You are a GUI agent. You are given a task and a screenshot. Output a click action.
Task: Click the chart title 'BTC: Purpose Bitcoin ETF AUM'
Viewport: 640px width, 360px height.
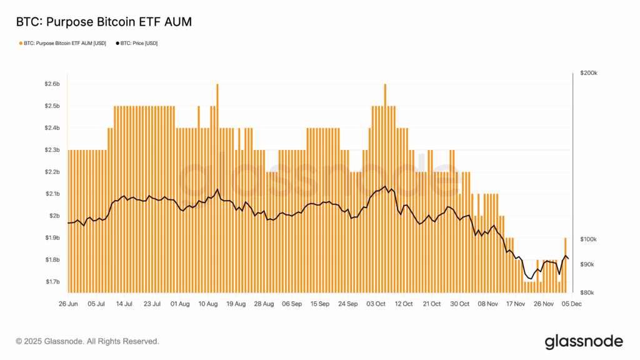(103, 22)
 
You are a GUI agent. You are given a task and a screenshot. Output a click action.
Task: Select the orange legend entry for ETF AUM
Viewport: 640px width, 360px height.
(63, 44)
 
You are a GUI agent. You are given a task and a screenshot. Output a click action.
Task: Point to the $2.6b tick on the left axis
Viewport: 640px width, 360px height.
(52, 84)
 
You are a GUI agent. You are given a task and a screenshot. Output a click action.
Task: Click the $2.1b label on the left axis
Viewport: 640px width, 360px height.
(52, 194)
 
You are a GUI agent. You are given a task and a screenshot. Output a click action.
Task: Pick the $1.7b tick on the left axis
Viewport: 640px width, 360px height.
(52, 282)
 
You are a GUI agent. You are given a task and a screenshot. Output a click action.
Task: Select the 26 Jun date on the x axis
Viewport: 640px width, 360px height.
(68, 304)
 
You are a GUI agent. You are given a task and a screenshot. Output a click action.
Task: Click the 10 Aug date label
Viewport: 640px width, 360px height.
(208, 304)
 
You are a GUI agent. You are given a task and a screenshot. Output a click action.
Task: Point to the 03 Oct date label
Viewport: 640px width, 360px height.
(376, 304)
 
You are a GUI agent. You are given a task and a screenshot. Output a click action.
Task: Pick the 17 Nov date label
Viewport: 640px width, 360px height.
(515, 304)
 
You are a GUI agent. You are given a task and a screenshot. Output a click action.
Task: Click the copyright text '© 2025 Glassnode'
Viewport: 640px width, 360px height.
(87, 341)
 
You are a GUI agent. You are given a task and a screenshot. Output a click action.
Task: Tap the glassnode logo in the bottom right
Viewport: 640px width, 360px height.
(584, 341)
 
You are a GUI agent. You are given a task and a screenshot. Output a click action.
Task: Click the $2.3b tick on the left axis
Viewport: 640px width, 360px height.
(52, 150)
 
